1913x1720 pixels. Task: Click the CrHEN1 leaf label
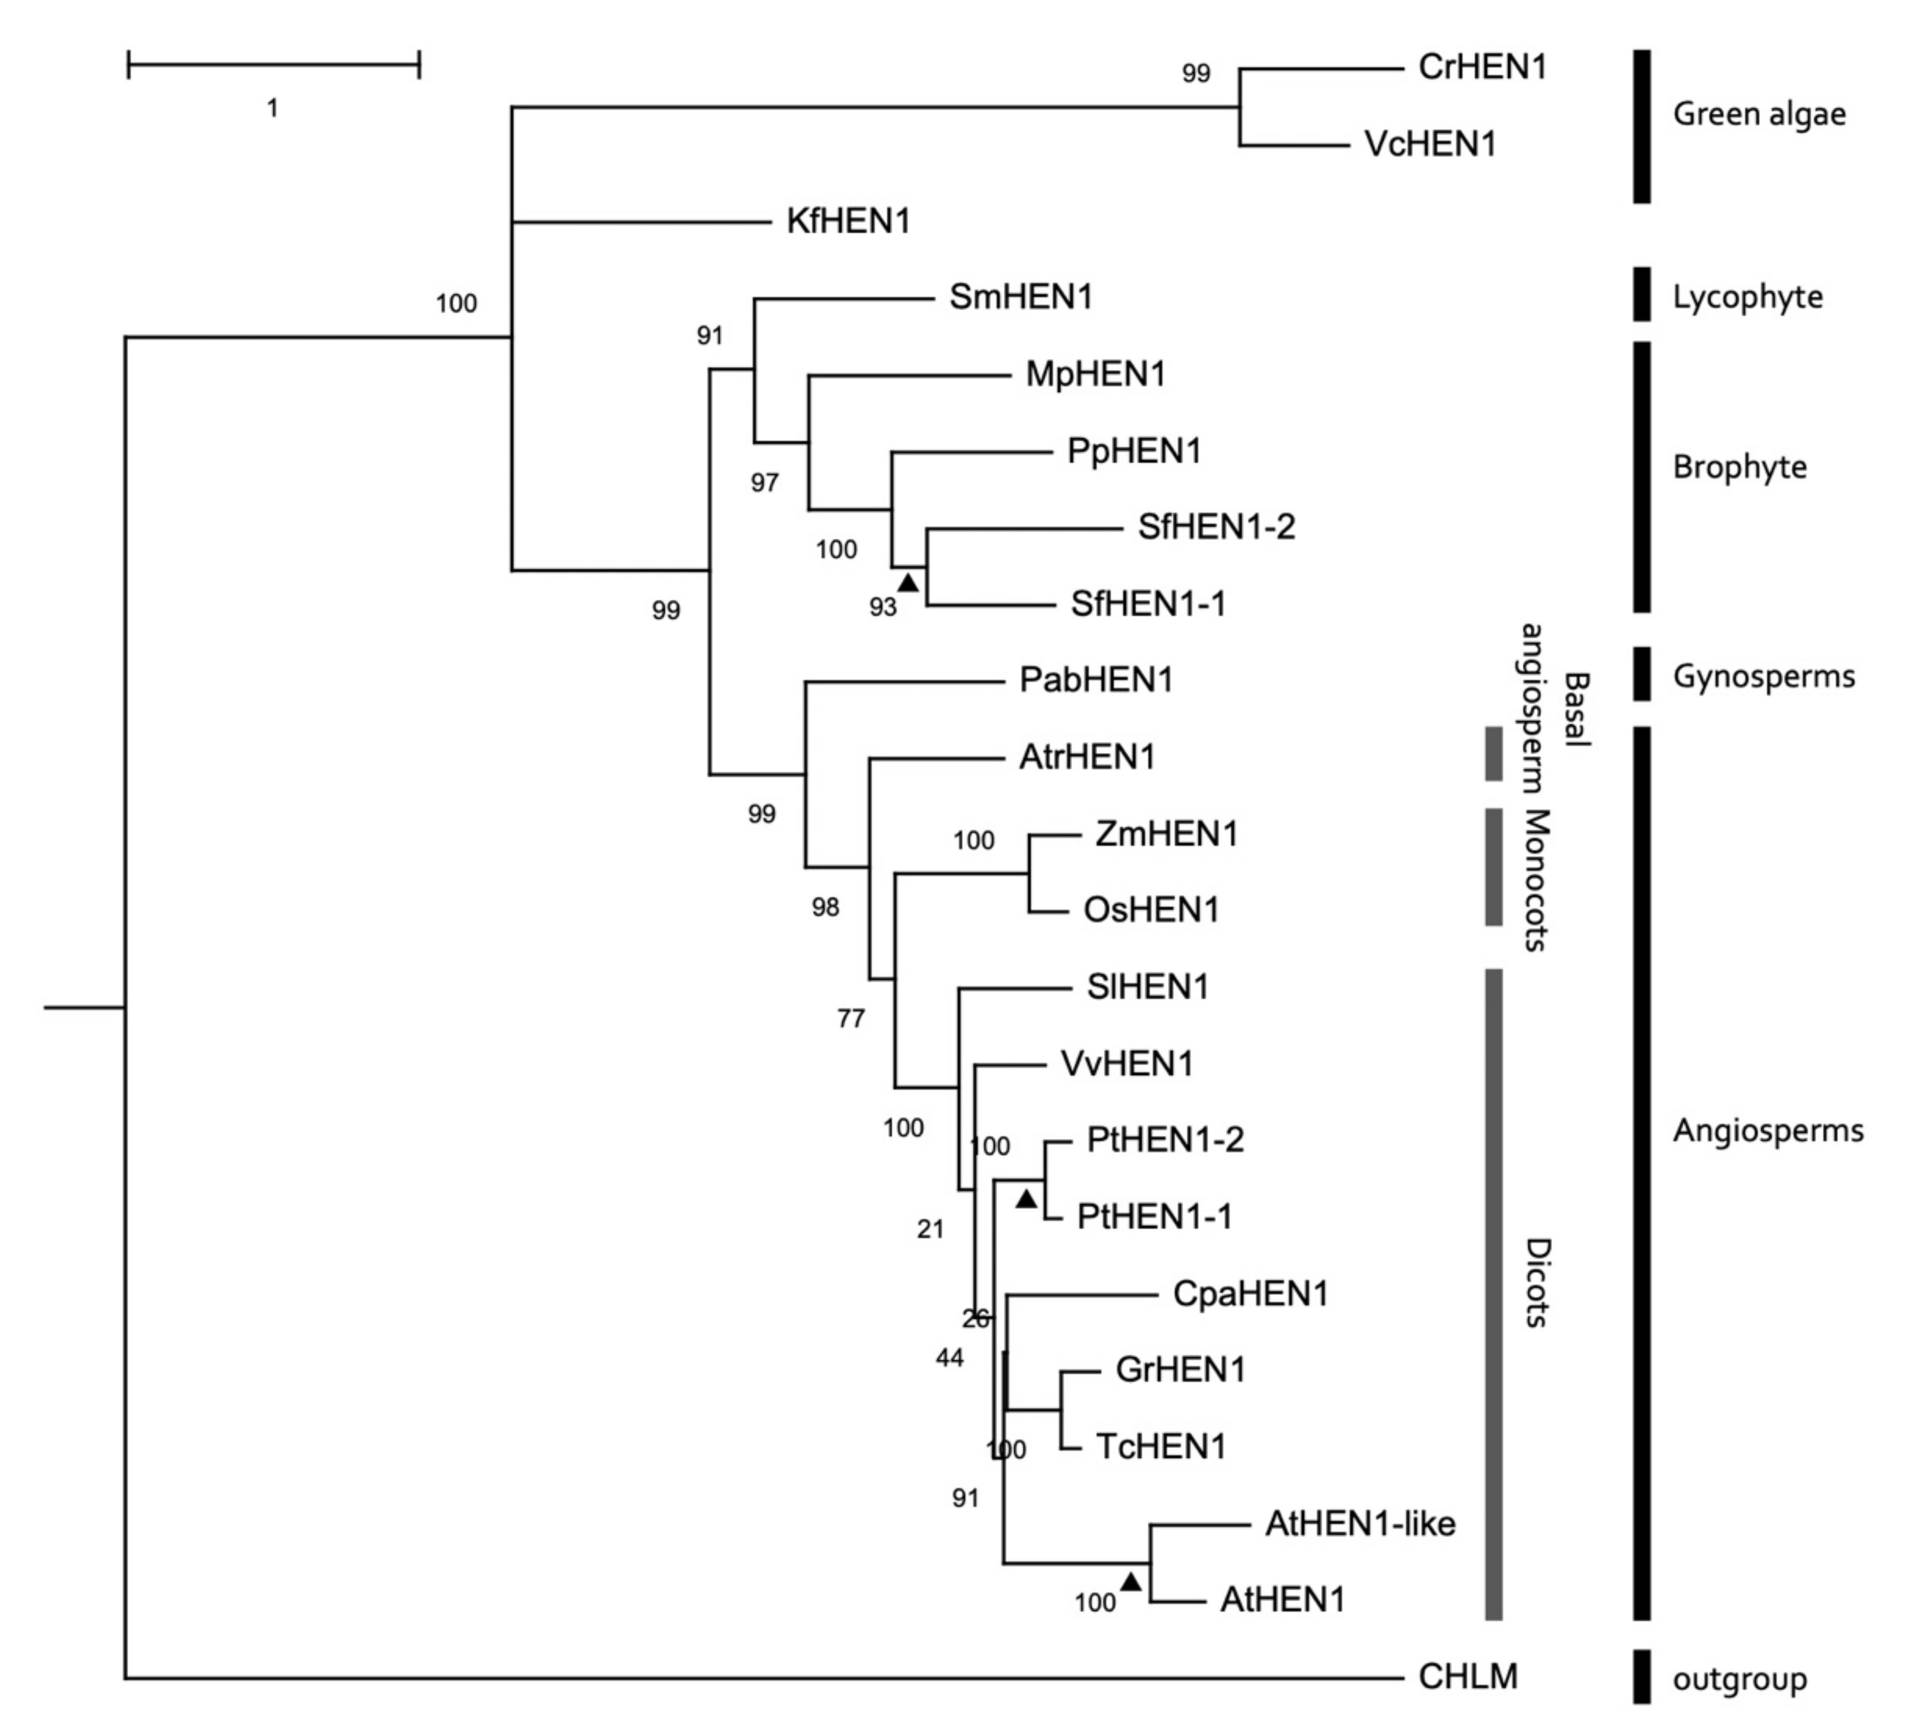[x=1482, y=67]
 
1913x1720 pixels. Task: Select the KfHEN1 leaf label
[x=848, y=221]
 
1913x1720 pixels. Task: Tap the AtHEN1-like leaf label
[x=1359, y=1523]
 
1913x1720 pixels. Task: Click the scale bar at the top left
[x=273, y=65]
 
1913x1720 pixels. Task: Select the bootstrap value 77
[x=850, y=1019]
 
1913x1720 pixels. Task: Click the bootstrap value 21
[x=930, y=1230]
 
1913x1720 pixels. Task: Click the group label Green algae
[x=1758, y=114]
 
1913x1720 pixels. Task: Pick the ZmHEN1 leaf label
[x=1165, y=833]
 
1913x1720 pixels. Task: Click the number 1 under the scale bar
[x=272, y=108]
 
